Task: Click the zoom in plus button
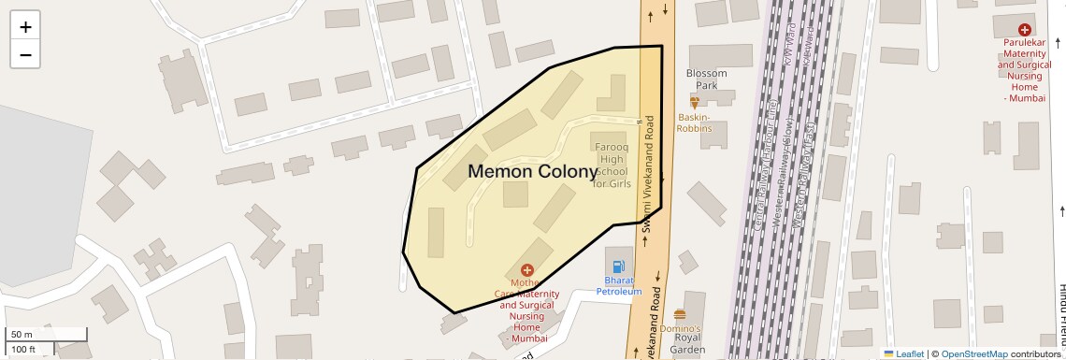pos(25,27)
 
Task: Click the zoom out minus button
pos(25,54)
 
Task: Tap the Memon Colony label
pos(532,172)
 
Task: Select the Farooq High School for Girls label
pos(612,166)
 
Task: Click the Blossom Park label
pos(706,79)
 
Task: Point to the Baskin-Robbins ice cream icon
pos(695,101)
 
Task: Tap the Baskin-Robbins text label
pos(694,122)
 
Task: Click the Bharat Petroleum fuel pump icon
pos(618,266)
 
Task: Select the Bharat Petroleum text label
pos(619,285)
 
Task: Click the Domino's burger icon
pos(680,314)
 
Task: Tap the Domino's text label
pos(680,329)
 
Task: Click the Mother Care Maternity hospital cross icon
pos(527,270)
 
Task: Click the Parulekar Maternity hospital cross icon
pos(1025,31)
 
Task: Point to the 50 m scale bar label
pos(22,335)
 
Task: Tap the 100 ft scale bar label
pos(23,350)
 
